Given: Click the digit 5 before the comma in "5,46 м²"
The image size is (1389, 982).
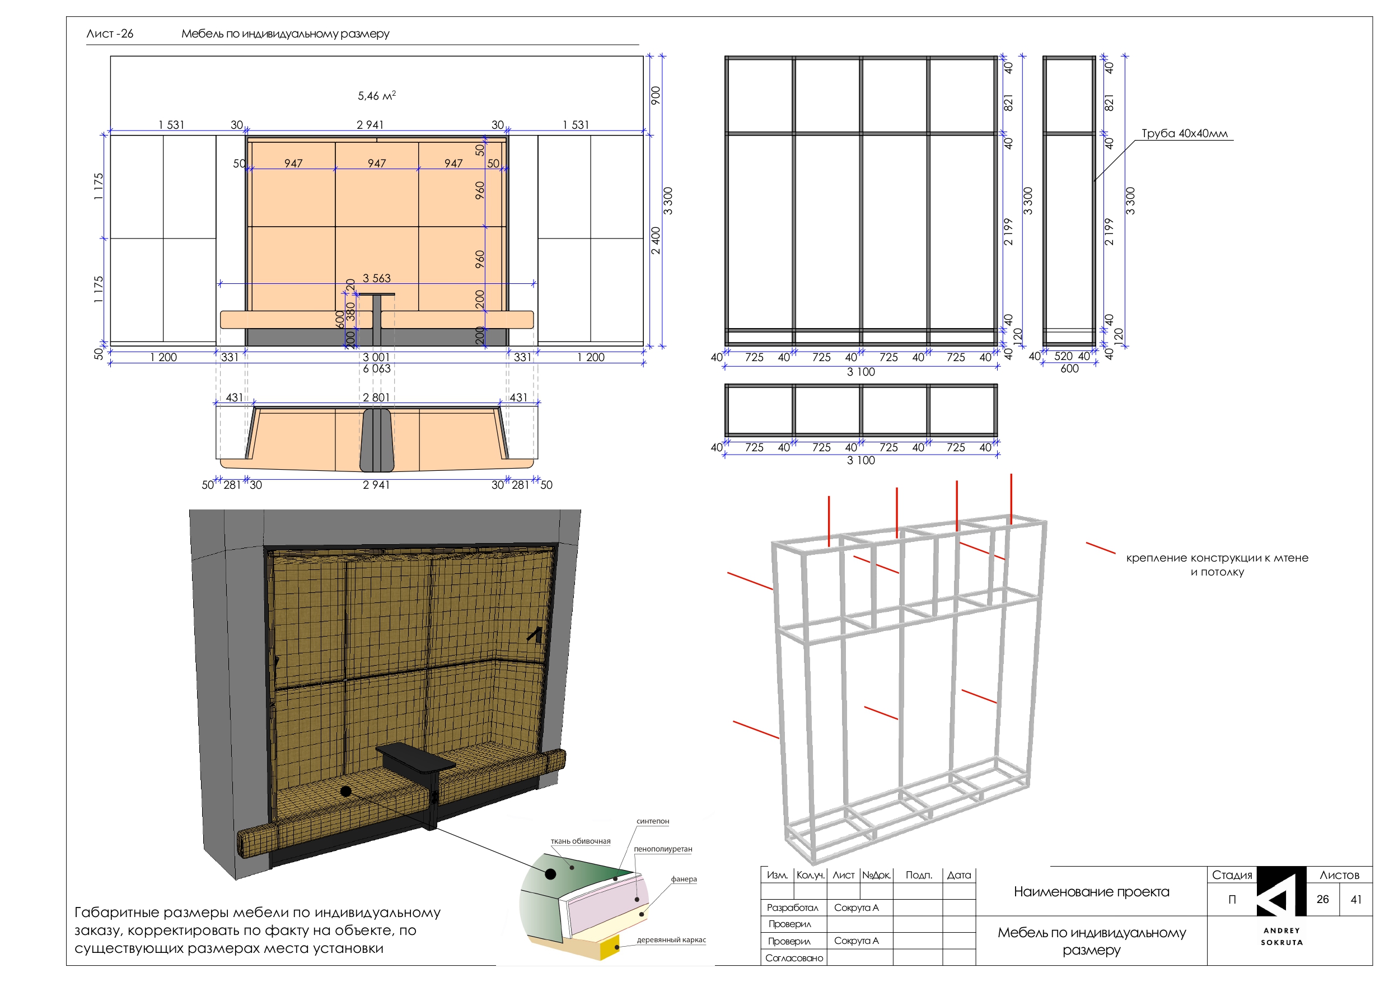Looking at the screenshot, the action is (x=361, y=96).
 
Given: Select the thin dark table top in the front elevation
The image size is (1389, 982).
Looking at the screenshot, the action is (x=376, y=294).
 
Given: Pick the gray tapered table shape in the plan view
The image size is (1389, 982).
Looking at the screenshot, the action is (x=376, y=440).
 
